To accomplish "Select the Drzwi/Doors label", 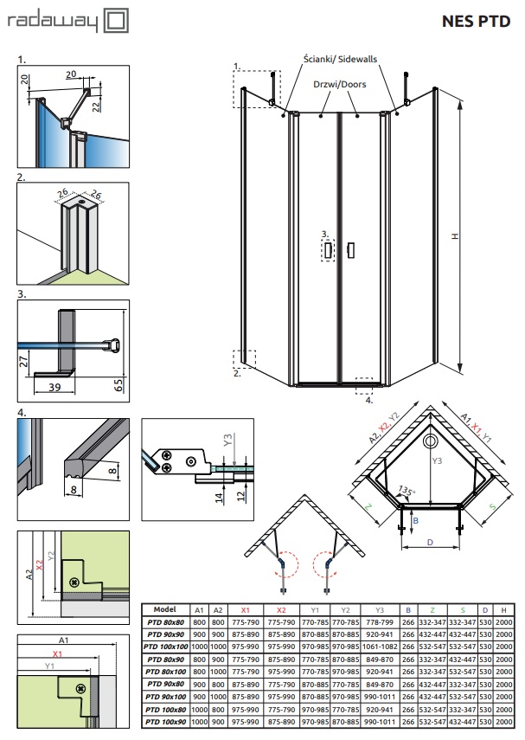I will click(x=339, y=85).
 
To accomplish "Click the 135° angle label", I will click(x=404, y=492).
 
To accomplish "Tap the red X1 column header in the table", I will click(x=246, y=609).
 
